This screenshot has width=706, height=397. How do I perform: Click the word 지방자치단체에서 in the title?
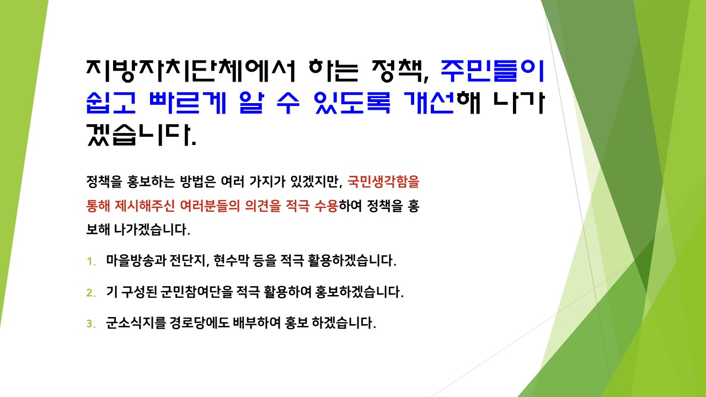tap(191, 71)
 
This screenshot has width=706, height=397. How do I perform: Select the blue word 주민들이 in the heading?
tap(493, 71)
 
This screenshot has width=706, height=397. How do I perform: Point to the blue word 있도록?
tap(352, 103)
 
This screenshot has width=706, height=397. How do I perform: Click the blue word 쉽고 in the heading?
tap(111, 103)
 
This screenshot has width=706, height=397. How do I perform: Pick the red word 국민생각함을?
tap(383, 182)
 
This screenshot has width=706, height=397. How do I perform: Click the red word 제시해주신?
tap(145, 206)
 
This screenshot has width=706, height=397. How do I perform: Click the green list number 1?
tap(91, 261)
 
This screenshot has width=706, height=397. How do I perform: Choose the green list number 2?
tap(91, 293)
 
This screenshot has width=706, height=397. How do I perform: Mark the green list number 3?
tap(91, 324)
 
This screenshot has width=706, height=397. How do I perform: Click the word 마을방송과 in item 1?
tap(136, 261)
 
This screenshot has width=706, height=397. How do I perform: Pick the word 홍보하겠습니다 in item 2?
tap(359, 292)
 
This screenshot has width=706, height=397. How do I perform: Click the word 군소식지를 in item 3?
tap(136, 323)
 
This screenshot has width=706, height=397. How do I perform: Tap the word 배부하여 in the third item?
tap(256, 323)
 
